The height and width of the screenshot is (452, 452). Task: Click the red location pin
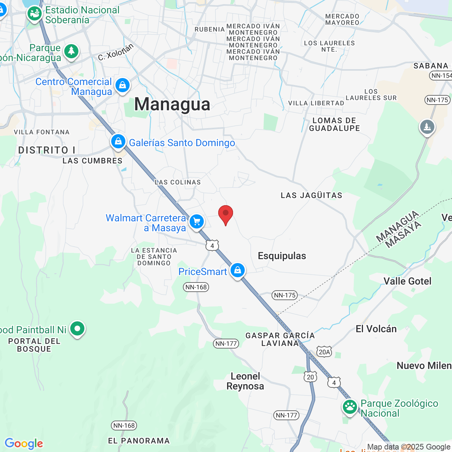(226, 214)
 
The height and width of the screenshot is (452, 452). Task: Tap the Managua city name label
(172, 104)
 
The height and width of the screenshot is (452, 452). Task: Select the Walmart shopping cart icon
(197, 222)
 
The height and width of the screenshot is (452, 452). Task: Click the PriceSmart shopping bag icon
(238, 270)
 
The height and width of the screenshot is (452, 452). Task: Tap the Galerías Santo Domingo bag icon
(118, 142)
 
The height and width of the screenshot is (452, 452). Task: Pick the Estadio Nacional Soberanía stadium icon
(35, 14)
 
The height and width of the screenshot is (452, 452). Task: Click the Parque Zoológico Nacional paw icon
(350, 406)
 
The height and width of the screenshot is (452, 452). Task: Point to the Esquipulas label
(282, 256)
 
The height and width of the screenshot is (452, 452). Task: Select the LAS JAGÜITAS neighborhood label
(311, 195)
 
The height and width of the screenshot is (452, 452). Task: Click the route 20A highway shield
(324, 352)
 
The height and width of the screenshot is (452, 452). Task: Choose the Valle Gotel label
(408, 281)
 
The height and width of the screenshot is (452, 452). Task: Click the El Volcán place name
(376, 329)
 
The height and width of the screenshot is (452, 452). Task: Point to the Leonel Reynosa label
(245, 381)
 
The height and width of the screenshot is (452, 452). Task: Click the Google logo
(24, 444)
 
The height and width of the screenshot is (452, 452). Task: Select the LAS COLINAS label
(178, 182)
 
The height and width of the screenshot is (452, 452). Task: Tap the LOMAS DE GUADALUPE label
(334, 124)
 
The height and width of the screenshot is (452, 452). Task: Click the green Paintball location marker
(77, 329)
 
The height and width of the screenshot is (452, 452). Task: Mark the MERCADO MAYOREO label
(342, 19)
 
